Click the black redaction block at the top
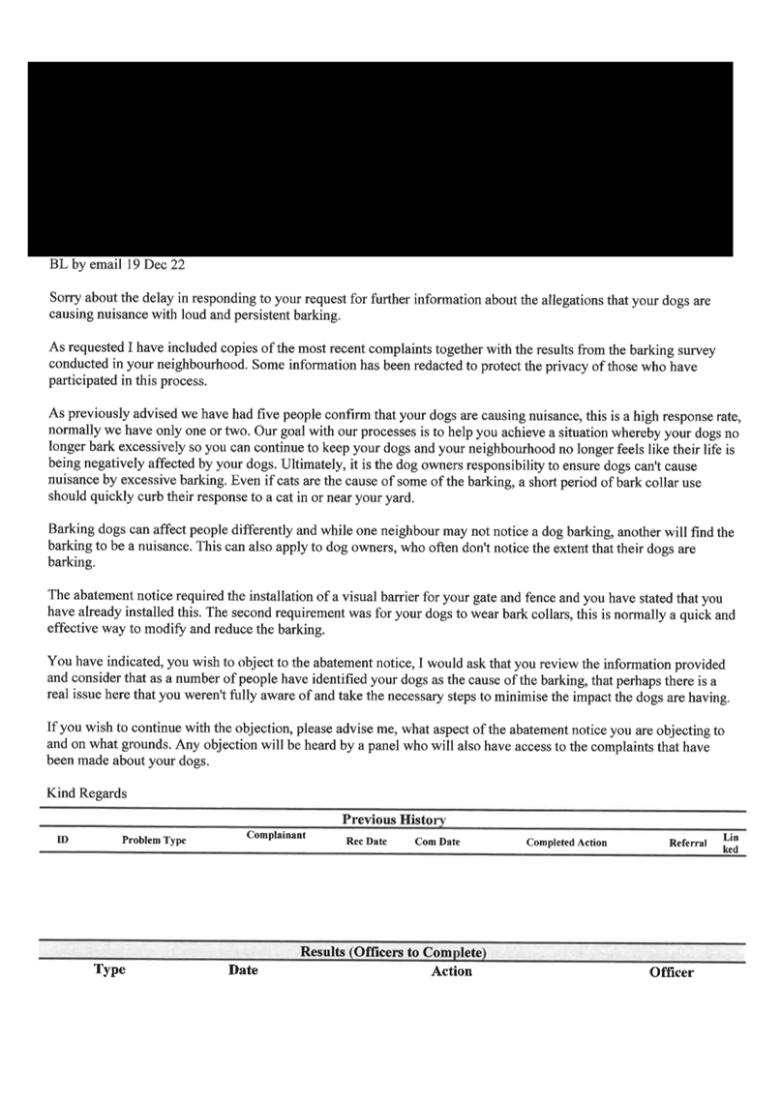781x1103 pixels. [x=380, y=159]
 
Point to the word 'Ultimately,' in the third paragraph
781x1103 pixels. [x=314, y=465]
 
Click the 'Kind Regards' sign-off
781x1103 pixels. [x=86, y=793]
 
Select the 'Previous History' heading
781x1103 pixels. [x=394, y=820]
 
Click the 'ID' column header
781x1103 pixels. [x=63, y=839]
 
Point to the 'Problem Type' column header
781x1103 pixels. [x=154, y=840]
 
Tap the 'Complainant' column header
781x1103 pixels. [x=276, y=835]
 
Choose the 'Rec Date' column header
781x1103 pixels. [x=367, y=842]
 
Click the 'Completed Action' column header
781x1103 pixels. [x=566, y=843]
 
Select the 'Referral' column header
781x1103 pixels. [x=687, y=843]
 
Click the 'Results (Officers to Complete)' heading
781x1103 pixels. [x=393, y=952]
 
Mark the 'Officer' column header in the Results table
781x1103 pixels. [x=672, y=972]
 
